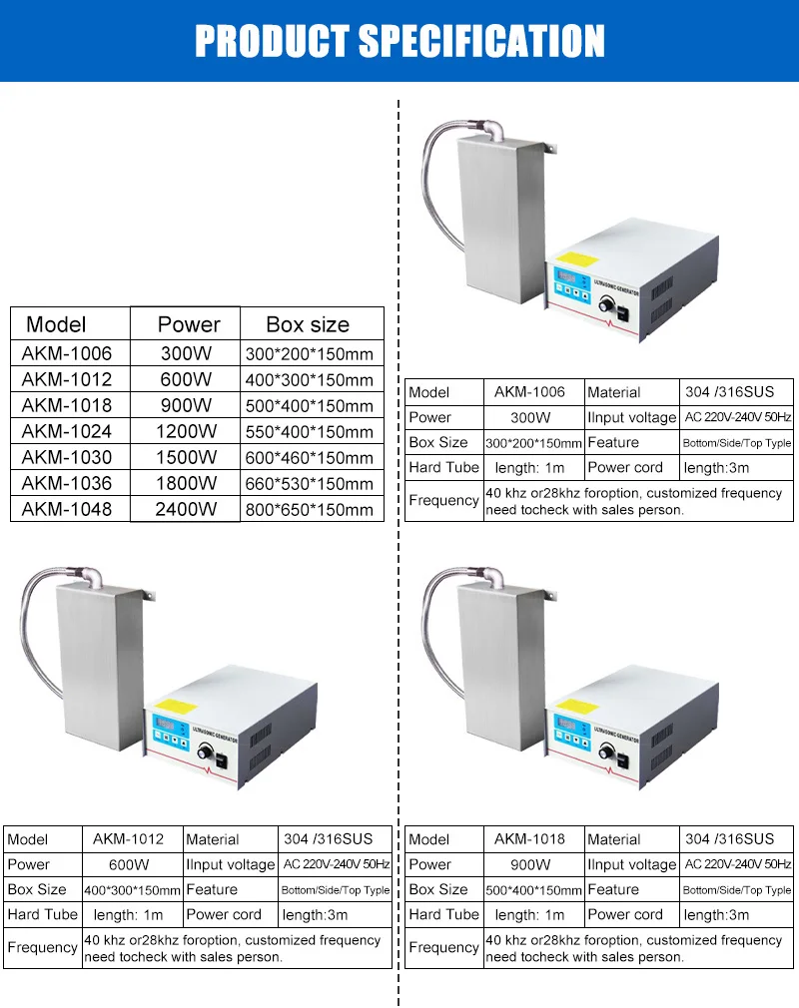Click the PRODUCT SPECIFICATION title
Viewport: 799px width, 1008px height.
[x=399, y=41]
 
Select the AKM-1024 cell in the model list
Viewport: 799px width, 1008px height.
[x=67, y=431]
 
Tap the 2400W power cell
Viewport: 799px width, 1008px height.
[x=186, y=509]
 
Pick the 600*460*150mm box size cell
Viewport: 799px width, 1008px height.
[x=309, y=458]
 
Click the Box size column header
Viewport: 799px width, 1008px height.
[x=308, y=324]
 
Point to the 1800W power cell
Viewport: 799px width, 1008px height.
[x=186, y=483]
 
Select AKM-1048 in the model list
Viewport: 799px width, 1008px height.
[x=67, y=509]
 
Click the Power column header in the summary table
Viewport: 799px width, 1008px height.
[x=188, y=324]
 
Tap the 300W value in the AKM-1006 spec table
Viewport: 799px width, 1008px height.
[x=530, y=417]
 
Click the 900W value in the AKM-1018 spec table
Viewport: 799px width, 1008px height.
[x=530, y=864]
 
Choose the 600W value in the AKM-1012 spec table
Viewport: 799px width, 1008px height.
[x=129, y=864]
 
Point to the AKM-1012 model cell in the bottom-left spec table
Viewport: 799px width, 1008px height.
[x=129, y=839]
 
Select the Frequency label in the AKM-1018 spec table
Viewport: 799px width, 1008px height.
[x=443, y=947]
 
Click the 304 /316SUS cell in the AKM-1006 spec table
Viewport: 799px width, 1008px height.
[x=729, y=392]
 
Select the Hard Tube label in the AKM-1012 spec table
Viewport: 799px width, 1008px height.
[x=42, y=914]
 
